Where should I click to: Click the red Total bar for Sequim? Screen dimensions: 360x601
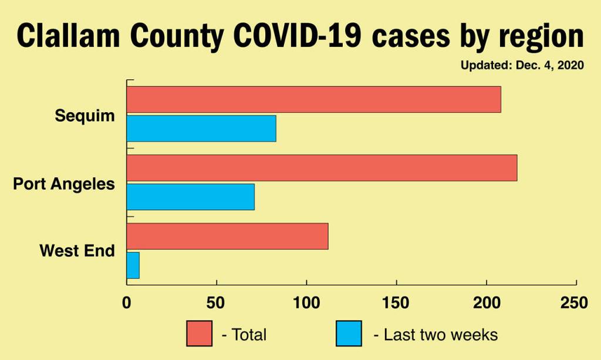(x=313, y=99)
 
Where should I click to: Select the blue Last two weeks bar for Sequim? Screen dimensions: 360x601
(x=201, y=128)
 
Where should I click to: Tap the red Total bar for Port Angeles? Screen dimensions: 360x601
(x=322, y=167)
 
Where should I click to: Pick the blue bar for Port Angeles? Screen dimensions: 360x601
(x=190, y=196)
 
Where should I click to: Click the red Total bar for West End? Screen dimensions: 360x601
(x=227, y=236)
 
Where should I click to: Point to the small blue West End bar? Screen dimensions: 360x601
(x=133, y=265)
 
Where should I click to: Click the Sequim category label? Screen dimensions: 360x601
(x=85, y=116)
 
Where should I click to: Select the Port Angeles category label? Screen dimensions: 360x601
(x=64, y=184)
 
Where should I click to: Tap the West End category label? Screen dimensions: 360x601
(x=77, y=251)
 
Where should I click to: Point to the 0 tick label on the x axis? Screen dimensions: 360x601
(x=127, y=303)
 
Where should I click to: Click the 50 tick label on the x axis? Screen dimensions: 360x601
(x=217, y=303)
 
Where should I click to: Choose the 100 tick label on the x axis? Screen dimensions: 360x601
(x=306, y=303)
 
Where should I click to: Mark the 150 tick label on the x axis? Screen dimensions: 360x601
(x=397, y=303)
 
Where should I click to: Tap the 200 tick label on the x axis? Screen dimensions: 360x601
(x=487, y=303)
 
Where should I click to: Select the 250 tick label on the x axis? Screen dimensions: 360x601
(x=574, y=303)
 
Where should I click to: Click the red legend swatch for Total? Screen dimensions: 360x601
(x=200, y=334)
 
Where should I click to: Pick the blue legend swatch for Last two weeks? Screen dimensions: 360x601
(x=349, y=334)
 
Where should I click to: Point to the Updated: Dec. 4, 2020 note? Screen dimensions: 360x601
(x=522, y=66)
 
